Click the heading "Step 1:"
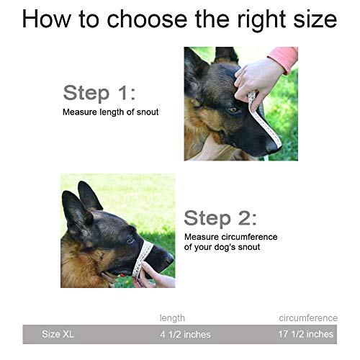pyautogui.click(x=99, y=93)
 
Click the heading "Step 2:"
pyautogui.click(x=220, y=217)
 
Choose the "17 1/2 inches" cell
pyautogui.click(x=306, y=333)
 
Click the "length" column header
pyautogui.click(x=172, y=318)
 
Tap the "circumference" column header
pyautogui.click(x=308, y=318)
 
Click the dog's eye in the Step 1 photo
pyautogui.click(x=233, y=109)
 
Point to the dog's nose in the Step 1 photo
pyautogui.click(x=272, y=145)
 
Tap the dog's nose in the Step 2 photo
pyautogui.click(x=168, y=258)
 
